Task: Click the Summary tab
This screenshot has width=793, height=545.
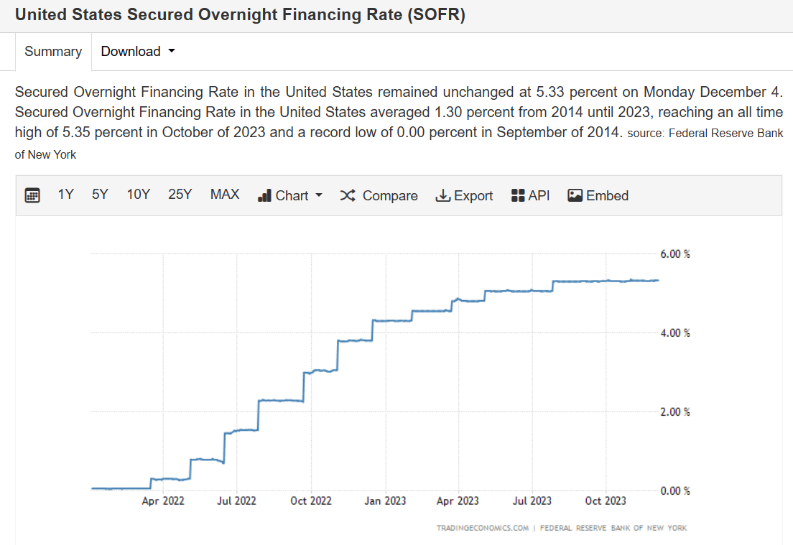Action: point(53,52)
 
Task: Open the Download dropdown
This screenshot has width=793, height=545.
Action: point(138,52)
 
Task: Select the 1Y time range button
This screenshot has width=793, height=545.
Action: point(66,195)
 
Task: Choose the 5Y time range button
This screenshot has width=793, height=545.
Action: point(100,195)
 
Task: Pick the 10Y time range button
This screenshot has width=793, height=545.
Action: point(138,195)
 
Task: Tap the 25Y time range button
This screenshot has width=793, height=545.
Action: point(180,195)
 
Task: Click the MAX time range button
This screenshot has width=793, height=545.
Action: point(225,195)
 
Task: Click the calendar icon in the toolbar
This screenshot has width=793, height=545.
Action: point(32,195)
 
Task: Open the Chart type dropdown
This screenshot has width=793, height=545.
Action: point(290,195)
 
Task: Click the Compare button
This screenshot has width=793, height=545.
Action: point(379,195)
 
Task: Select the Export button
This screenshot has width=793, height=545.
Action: point(464,195)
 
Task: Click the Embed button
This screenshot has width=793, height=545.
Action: point(598,195)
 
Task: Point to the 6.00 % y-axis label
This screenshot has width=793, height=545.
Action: point(674,254)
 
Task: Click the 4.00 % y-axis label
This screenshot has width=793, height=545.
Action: point(674,333)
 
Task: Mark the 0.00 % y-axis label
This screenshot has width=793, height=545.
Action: point(674,491)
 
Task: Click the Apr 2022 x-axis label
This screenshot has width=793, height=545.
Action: point(163,500)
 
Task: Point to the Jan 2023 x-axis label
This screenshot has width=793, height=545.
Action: point(384,500)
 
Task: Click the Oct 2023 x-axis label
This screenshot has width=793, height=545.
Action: point(606,500)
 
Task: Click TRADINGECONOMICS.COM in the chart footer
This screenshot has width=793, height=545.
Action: point(483,528)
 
